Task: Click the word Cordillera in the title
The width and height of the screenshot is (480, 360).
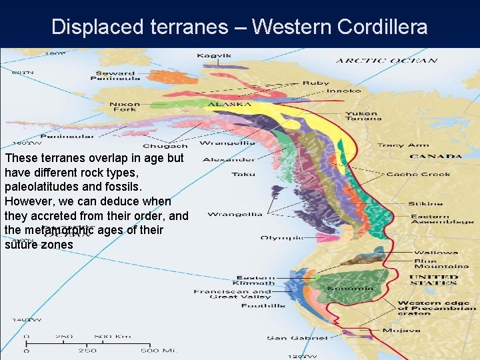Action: [x=382, y=27]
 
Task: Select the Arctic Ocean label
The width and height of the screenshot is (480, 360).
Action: [x=386, y=61]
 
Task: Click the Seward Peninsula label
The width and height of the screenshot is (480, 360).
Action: [x=117, y=75]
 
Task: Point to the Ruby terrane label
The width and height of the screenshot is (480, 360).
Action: [x=315, y=83]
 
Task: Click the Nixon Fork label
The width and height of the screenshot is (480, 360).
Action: [x=125, y=107]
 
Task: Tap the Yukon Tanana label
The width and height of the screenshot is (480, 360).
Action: [x=363, y=116]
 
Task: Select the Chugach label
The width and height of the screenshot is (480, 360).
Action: [x=165, y=145]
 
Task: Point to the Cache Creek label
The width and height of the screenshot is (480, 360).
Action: [x=418, y=175]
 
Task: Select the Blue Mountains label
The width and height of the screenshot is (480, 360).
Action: [x=435, y=264]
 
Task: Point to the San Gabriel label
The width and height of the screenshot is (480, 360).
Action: [x=297, y=338]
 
